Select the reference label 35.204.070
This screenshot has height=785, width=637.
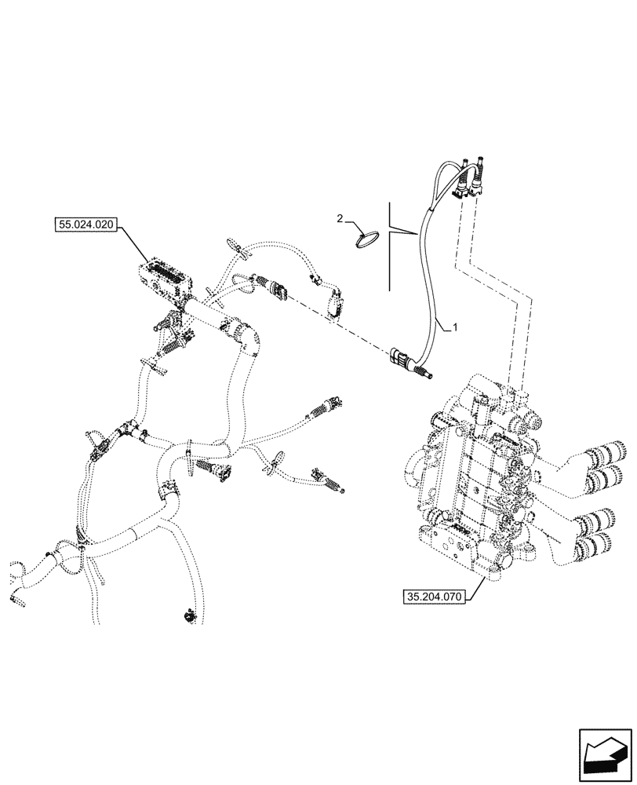(x=434, y=597)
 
